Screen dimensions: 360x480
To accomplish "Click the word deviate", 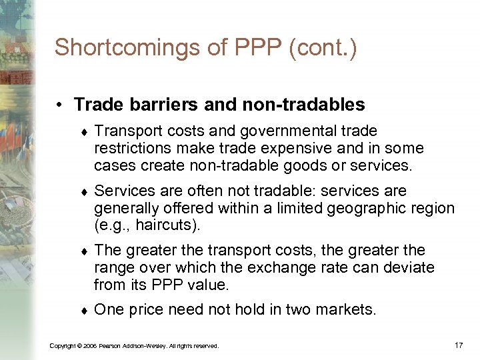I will pos(410,267).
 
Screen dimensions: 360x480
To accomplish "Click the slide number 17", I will pos(458,345).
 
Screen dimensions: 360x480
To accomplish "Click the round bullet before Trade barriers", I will pos(60,105).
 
